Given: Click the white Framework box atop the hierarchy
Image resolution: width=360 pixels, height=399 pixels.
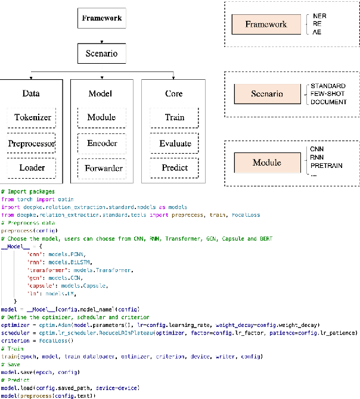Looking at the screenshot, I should (x=101, y=18).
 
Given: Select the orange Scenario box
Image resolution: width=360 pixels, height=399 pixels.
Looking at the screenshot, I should (x=266, y=93).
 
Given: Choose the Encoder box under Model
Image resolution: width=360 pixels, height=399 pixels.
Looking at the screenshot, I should (x=101, y=144).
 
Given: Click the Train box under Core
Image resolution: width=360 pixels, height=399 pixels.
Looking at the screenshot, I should (x=175, y=118).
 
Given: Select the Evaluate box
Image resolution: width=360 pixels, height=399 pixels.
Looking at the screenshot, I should (x=175, y=144).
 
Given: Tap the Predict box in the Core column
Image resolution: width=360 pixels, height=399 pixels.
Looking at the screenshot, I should (x=175, y=169).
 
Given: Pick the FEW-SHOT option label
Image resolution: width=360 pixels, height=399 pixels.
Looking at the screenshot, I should (x=327, y=94).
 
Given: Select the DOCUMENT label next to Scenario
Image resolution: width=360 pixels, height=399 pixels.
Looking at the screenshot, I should (x=328, y=102).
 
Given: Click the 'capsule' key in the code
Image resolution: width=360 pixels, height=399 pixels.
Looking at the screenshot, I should (x=40, y=286).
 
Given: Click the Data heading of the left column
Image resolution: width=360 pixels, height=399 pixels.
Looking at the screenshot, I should (x=31, y=93).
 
